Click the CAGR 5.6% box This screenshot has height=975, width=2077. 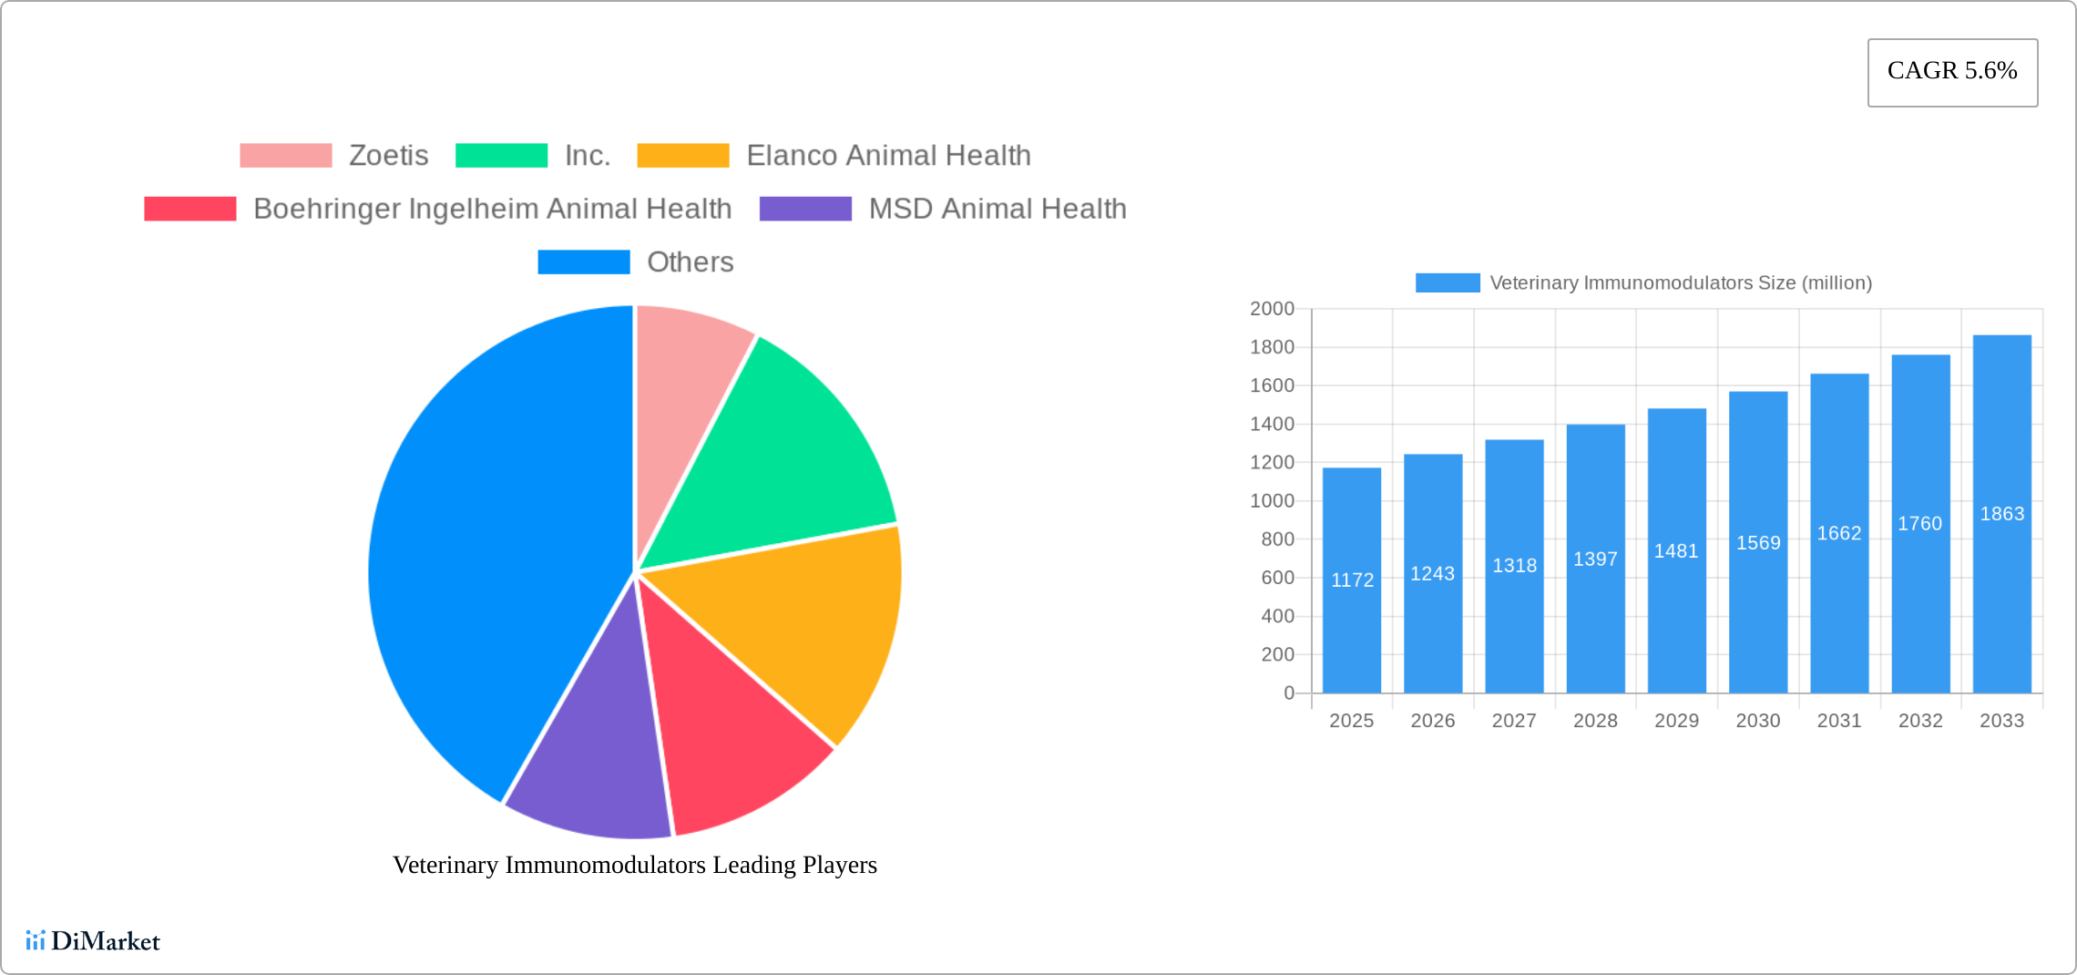(x=1952, y=72)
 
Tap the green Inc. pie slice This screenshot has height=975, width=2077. (x=783, y=456)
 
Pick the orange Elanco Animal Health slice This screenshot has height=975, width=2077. (x=802, y=620)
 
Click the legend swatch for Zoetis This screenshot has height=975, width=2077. (x=285, y=156)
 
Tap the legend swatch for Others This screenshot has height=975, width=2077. (x=583, y=262)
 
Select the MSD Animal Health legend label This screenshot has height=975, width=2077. (x=998, y=209)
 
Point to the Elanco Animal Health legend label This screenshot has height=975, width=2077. (x=888, y=156)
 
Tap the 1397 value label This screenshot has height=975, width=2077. (x=1595, y=559)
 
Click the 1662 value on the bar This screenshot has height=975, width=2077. (x=1838, y=533)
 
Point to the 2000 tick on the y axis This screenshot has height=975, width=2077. (x=1272, y=309)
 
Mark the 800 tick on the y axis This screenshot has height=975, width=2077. (x=1276, y=539)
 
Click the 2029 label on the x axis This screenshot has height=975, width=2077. (x=1676, y=721)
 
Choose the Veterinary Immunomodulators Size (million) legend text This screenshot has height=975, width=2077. (x=1681, y=283)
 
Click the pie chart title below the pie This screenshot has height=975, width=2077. (x=635, y=865)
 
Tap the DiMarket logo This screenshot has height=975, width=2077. (x=93, y=940)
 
